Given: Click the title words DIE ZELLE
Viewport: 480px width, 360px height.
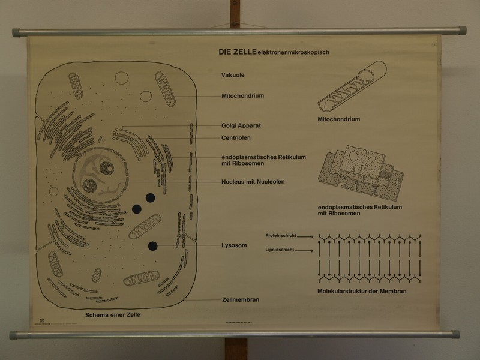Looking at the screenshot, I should tap(238, 52).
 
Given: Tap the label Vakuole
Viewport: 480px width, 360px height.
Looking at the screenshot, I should tap(233, 76).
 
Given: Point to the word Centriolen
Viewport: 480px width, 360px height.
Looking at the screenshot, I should tap(236, 137).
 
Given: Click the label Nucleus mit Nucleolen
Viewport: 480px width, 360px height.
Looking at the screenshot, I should tap(253, 181).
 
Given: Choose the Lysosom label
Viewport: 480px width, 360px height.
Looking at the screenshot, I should tap(234, 245).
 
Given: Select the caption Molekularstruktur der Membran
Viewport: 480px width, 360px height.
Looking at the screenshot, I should tap(362, 292).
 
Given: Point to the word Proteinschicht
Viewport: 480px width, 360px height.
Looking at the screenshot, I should tap(280, 236).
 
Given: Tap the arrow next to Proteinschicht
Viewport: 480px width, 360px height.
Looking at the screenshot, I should tap(305, 236).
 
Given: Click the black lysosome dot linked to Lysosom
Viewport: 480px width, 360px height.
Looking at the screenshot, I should tap(153, 245).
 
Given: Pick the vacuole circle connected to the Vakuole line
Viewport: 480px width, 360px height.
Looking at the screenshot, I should tap(122, 77).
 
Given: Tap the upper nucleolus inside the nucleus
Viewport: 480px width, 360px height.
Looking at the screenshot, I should tap(107, 168).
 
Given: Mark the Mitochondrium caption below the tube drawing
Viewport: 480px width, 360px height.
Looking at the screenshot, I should tap(339, 119).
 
